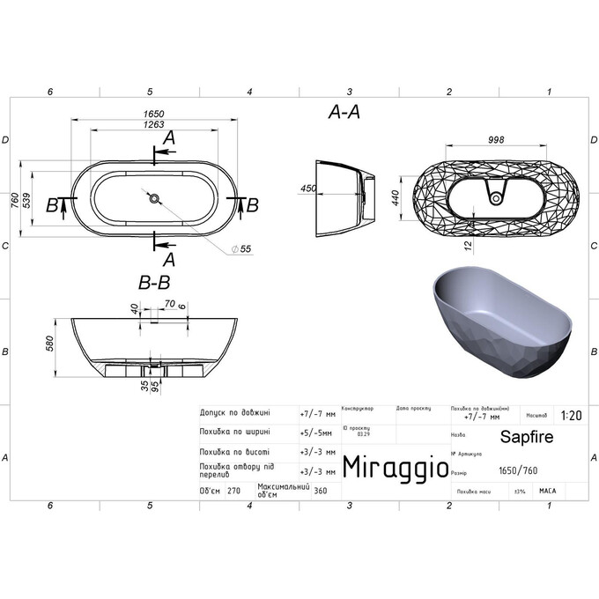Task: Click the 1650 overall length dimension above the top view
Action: [x=154, y=114]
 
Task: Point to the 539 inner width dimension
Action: [x=27, y=201]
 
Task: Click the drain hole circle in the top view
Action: [x=154, y=199]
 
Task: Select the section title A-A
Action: [x=344, y=112]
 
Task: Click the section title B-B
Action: [x=154, y=284]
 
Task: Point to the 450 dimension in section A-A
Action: [x=308, y=189]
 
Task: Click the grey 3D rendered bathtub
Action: [x=498, y=322]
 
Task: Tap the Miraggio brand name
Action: [x=394, y=466]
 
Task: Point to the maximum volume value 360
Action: [x=321, y=492]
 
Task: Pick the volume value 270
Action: [x=233, y=492]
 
